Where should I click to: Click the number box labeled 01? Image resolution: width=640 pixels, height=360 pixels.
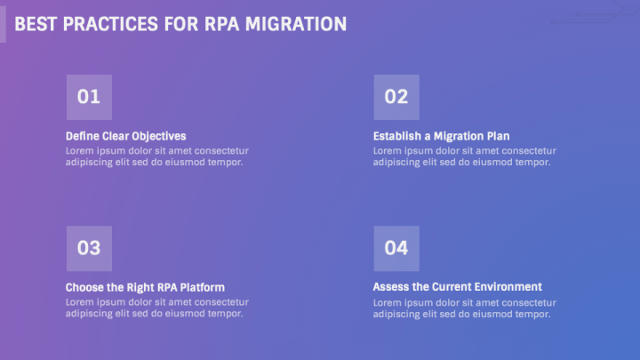[x=90, y=97]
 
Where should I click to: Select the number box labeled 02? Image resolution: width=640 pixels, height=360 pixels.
[x=396, y=97]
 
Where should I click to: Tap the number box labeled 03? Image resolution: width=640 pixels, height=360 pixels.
[x=90, y=249]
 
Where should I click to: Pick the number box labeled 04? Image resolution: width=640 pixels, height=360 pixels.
[x=396, y=249]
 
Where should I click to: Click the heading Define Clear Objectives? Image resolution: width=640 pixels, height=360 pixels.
[x=125, y=136]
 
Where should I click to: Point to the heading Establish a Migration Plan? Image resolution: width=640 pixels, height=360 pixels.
[x=441, y=136]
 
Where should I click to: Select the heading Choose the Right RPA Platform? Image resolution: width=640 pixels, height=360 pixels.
[x=145, y=288]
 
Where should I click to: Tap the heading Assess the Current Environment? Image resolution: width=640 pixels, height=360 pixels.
[x=457, y=287]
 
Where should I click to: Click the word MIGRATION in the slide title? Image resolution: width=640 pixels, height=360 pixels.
[x=296, y=24]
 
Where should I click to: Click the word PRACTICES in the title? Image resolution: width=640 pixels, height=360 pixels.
[x=110, y=24]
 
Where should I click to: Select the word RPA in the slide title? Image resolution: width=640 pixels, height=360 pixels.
[x=221, y=24]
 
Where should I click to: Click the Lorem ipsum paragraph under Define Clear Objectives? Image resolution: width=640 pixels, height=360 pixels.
[x=157, y=156]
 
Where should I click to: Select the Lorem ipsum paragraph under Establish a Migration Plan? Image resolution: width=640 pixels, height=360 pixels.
[x=465, y=156]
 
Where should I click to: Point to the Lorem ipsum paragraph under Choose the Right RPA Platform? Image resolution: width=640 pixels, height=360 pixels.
[x=157, y=308]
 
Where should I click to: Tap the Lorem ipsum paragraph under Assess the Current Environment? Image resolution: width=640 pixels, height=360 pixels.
[x=465, y=308]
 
